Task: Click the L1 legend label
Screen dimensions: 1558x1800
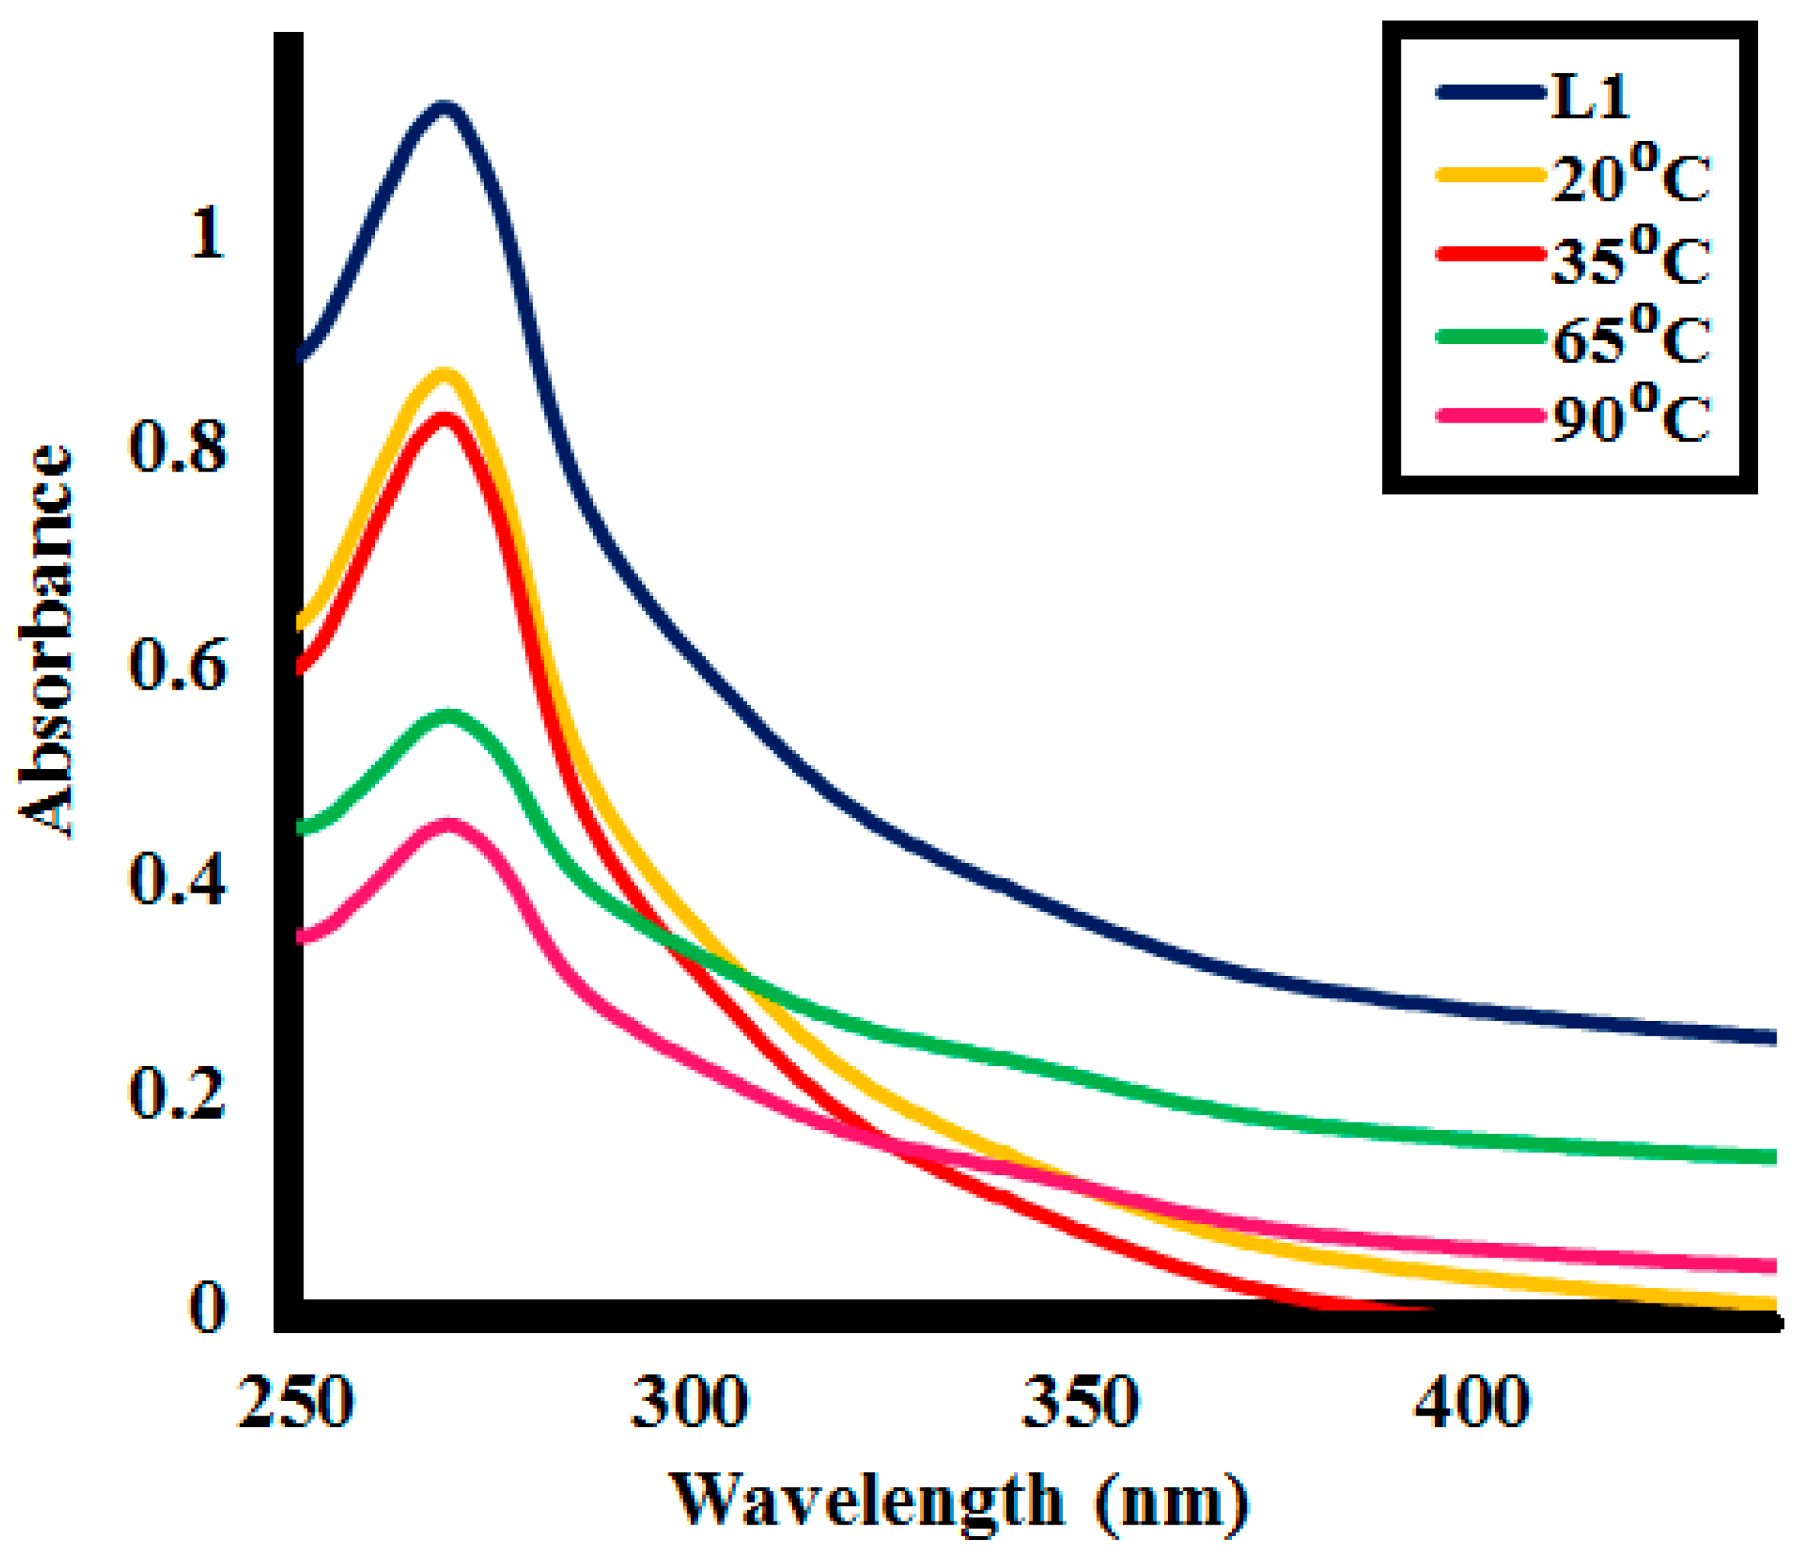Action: click(1591, 97)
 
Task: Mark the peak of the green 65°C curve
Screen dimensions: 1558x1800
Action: click(449, 717)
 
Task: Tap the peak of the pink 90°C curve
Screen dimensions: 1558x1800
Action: click(449, 824)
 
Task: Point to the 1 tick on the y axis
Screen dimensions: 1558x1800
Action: click(207, 233)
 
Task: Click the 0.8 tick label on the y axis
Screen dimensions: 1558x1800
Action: click(177, 447)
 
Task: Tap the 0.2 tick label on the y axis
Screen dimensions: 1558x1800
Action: click(177, 1093)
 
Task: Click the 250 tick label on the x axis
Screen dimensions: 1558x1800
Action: click(296, 1402)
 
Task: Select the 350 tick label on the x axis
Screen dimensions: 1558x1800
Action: click(1081, 1402)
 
